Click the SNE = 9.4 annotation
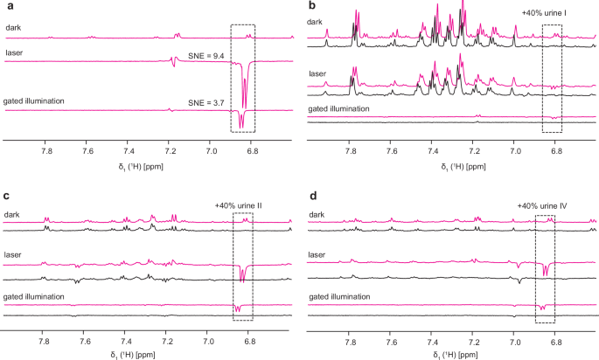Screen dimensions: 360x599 [x=205, y=55]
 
